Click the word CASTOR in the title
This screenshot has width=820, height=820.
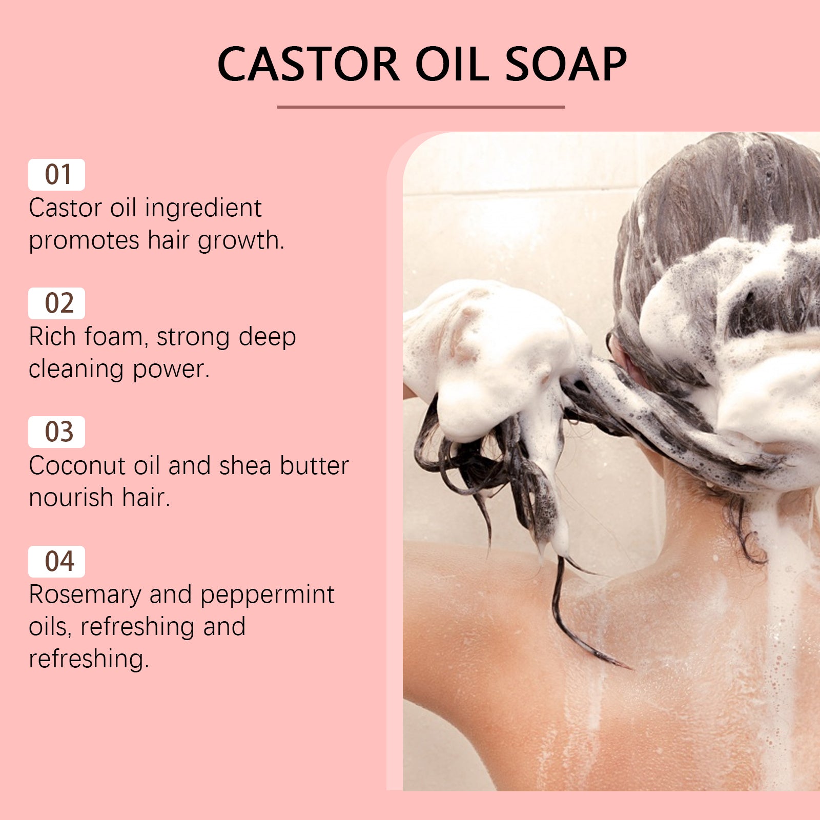click(x=308, y=65)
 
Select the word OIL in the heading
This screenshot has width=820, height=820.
click(x=452, y=65)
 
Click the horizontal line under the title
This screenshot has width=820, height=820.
click(x=421, y=107)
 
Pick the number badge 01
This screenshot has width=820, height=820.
click(x=56, y=175)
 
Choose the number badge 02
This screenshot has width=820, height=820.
click(x=56, y=303)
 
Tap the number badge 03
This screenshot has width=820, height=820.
click(x=56, y=432)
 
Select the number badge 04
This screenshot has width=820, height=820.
click(x=56, y=561)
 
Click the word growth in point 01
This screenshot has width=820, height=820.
click(x=240, y=241)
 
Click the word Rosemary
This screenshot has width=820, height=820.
click(x=85, y=594)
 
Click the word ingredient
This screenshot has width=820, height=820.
click(x=203, y=209)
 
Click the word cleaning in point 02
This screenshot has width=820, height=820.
click(x=76, y=370)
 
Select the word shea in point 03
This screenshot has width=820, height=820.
click(x=245, y=466)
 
